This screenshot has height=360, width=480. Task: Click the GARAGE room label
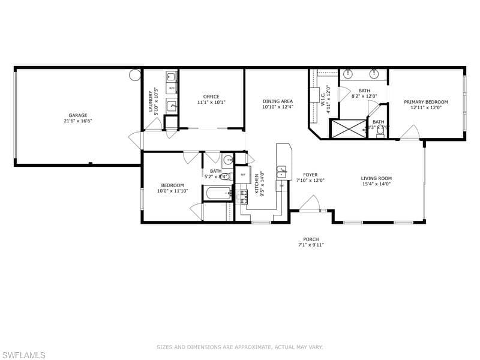[77, 115]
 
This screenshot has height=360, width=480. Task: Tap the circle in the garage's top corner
[135, 75]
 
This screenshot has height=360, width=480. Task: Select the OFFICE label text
[211, 97]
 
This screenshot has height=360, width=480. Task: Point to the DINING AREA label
[278, 101]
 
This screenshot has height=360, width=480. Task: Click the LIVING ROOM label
[376, 178]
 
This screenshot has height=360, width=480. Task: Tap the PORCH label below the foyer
[311, 239]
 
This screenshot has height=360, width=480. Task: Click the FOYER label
[310, 175]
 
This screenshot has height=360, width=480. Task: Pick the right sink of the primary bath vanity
[374, 75]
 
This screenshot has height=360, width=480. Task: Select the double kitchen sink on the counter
[283, 172]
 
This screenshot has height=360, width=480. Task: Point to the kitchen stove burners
[242, 196]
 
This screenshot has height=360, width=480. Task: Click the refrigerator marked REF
[242, 175]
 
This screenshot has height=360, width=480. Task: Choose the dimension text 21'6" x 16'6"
[77, 121]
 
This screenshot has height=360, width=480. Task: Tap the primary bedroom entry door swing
[410, 133]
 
